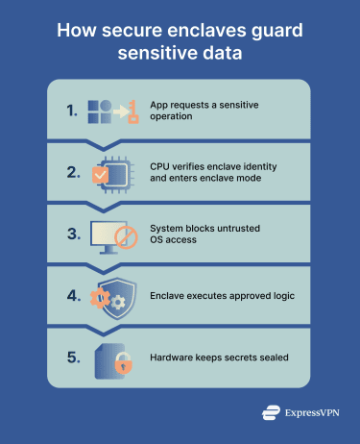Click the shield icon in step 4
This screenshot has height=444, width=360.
(117, 297)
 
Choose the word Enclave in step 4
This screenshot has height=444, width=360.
(171, 297)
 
